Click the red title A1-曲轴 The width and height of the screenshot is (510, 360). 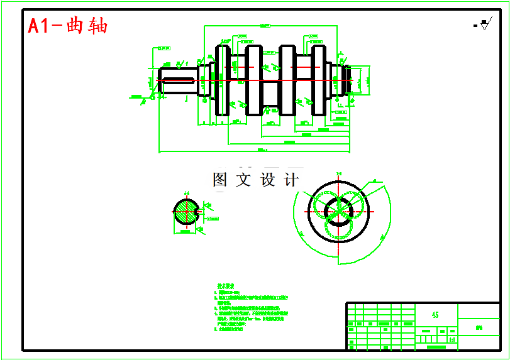click(x=68, y=26)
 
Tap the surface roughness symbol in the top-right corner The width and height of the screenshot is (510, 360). click(x=484, y=25)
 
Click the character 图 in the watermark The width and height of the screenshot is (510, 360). click(x=220, y=180)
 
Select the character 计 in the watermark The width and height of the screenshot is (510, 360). click(x=291, y=180)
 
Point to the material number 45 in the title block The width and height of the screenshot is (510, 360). click(x=435, y=315)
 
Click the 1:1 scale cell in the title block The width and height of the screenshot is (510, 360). click(x=452, y=339)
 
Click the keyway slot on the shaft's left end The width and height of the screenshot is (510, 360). click(x=177, y=80)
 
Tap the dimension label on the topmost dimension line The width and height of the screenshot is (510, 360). click(x=265, y=25)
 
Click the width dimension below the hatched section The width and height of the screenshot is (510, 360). click(x=185, y=232)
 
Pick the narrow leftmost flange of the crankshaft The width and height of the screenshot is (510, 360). click(x=212, y=80)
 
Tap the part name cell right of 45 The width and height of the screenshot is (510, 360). click(x=479, y=326)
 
